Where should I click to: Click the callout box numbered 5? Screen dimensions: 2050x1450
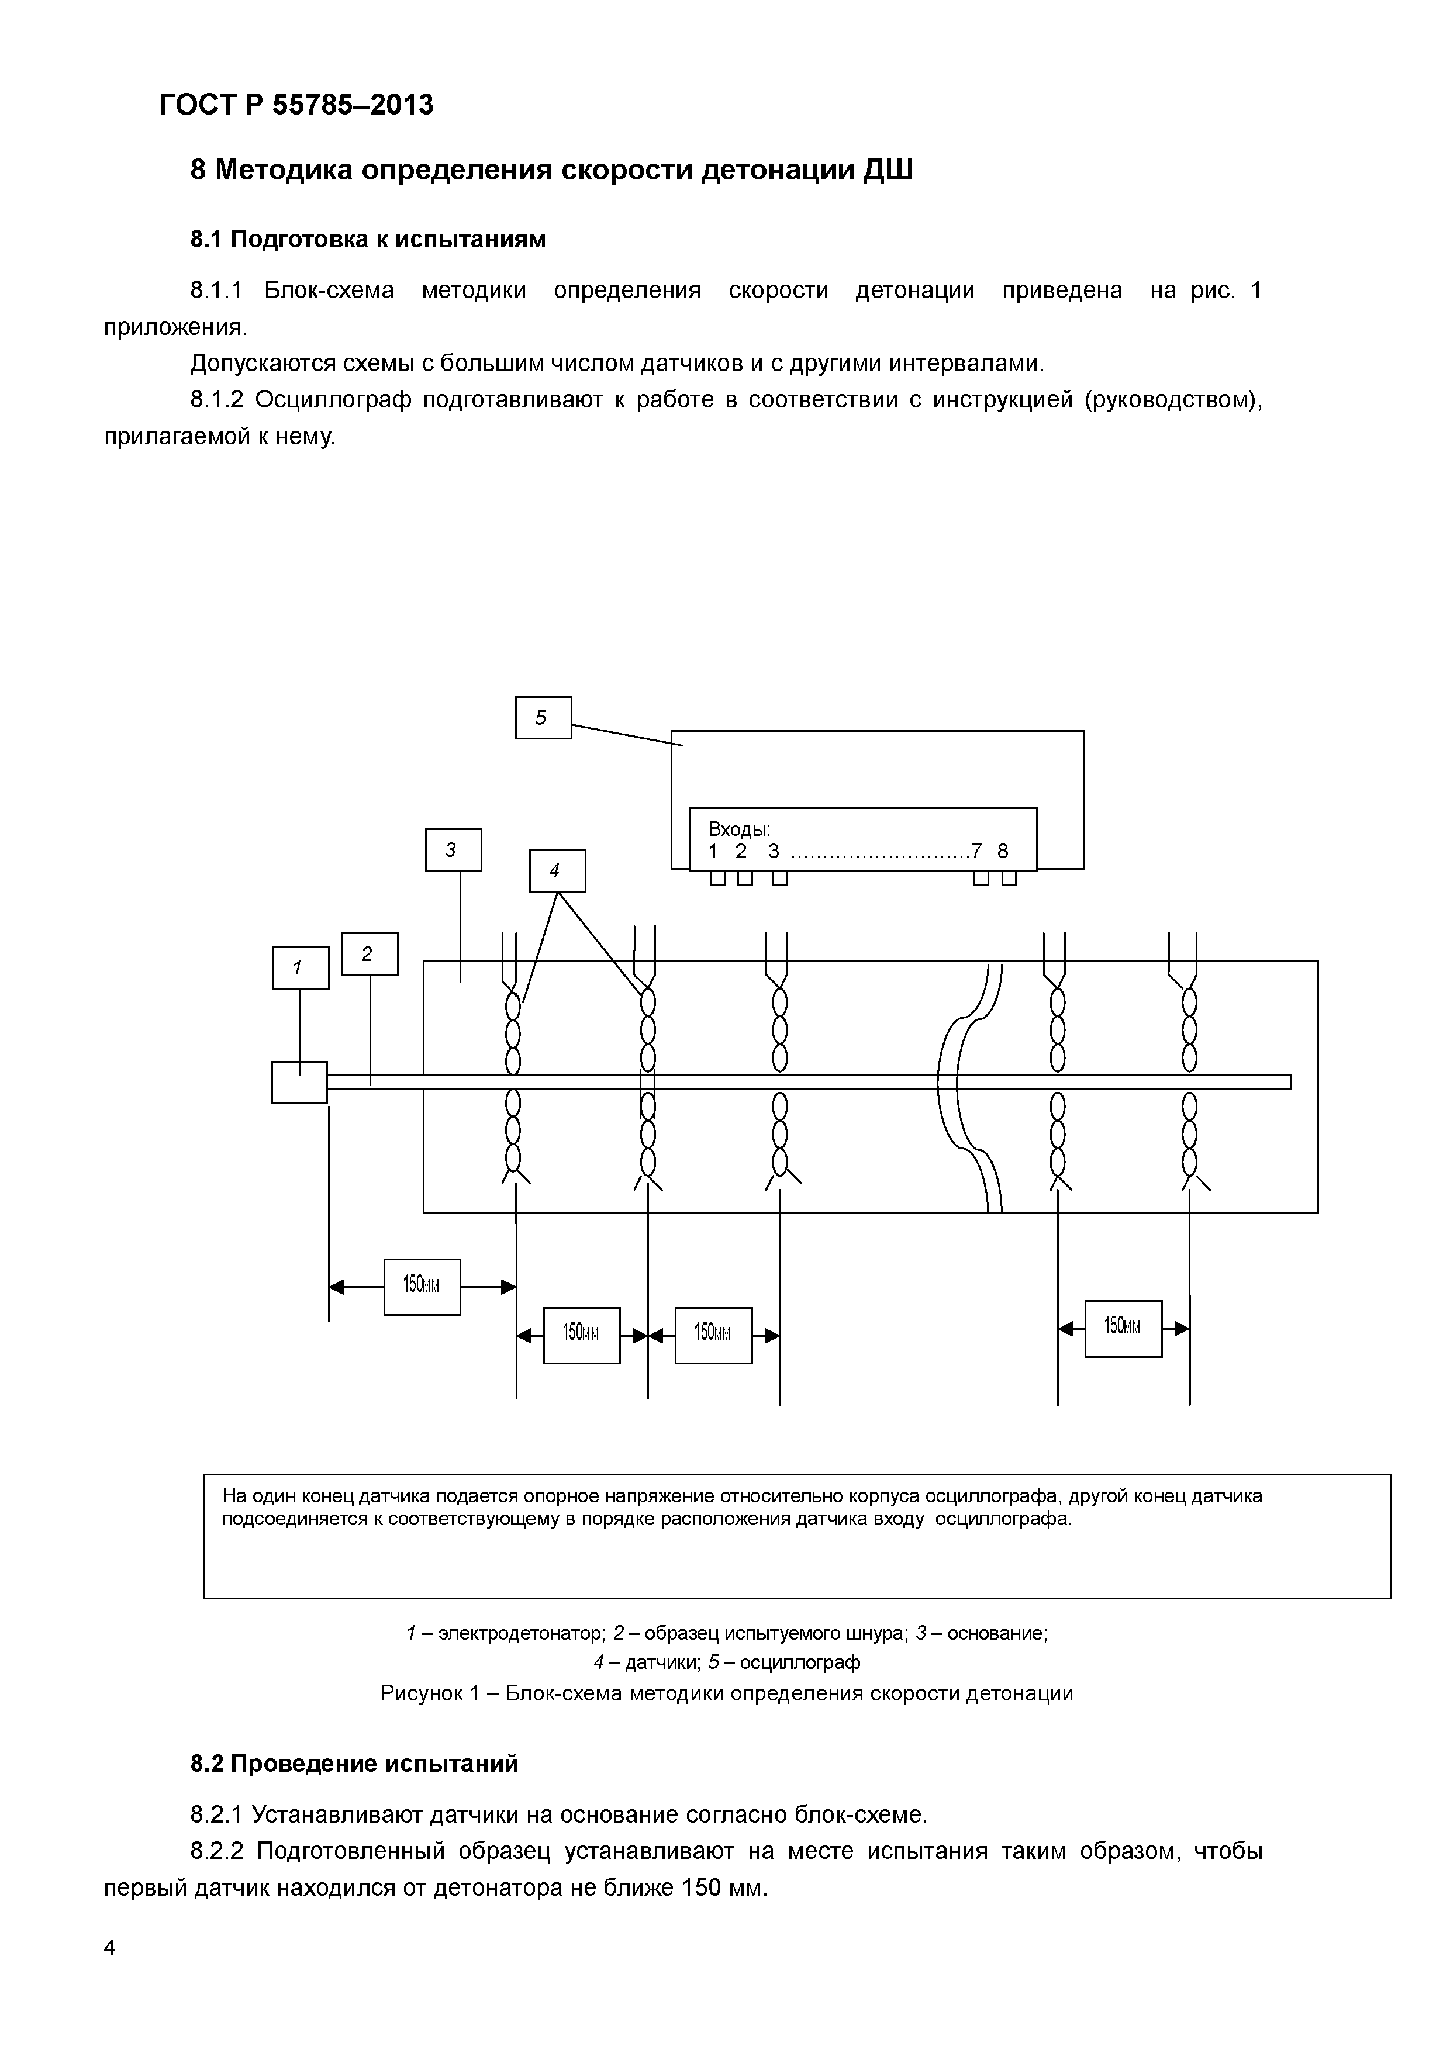click(x=543, y=718)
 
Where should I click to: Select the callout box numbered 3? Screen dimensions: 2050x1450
click(x=453, y=850)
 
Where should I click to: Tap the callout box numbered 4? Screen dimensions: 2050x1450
click(x=557, y=870)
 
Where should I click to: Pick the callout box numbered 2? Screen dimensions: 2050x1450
click(x=370, y=953)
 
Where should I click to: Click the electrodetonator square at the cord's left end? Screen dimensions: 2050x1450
click(x=299, y=1082)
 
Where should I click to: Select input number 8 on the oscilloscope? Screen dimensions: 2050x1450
click(x=1003, y=852)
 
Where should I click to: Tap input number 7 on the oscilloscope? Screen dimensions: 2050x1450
click(x=977, y=852)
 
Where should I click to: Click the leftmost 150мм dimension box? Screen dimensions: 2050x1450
click(x=422, y=1287)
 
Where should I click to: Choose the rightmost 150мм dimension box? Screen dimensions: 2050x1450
click(x=1123, y=1329)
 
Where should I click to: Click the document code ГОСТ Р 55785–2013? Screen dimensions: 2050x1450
click(x=296, y=105)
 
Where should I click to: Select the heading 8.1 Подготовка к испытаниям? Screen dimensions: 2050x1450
click(x=367, y=239)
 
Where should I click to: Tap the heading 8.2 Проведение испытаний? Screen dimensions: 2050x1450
click(x=354, y=1764)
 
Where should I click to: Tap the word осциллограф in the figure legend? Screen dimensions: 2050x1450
click(x=800, y=1662)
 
